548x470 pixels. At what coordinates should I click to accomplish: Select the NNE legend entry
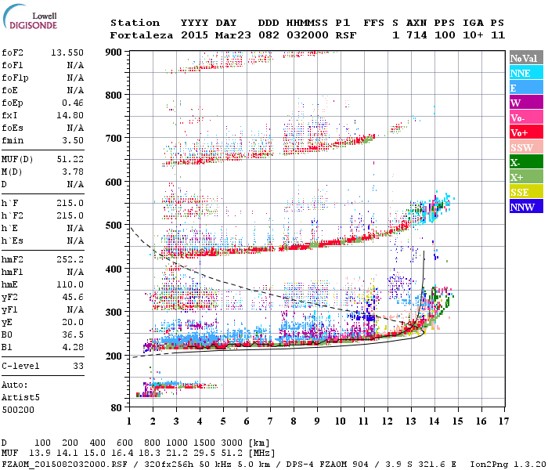526,73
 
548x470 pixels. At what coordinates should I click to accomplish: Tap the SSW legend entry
526,147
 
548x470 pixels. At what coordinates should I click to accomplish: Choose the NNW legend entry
526,208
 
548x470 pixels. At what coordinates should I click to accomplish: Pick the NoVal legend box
526,58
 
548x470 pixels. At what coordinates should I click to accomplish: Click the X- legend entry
526,162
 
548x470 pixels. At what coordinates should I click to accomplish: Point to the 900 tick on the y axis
114,52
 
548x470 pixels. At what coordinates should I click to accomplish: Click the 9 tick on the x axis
317,421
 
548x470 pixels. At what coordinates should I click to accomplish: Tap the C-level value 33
78,366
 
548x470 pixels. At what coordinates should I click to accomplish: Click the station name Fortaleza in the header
142,35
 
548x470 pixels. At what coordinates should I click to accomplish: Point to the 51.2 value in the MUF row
236,453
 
